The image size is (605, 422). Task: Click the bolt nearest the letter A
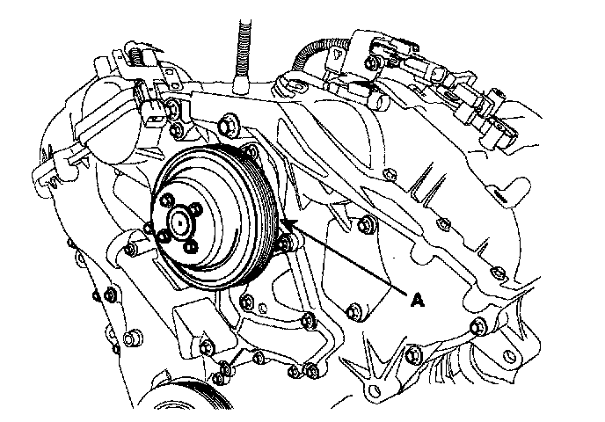coord(354,310)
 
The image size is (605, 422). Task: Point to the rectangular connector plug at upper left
coord(150,110)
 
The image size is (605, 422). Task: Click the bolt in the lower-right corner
coord(479,327)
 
